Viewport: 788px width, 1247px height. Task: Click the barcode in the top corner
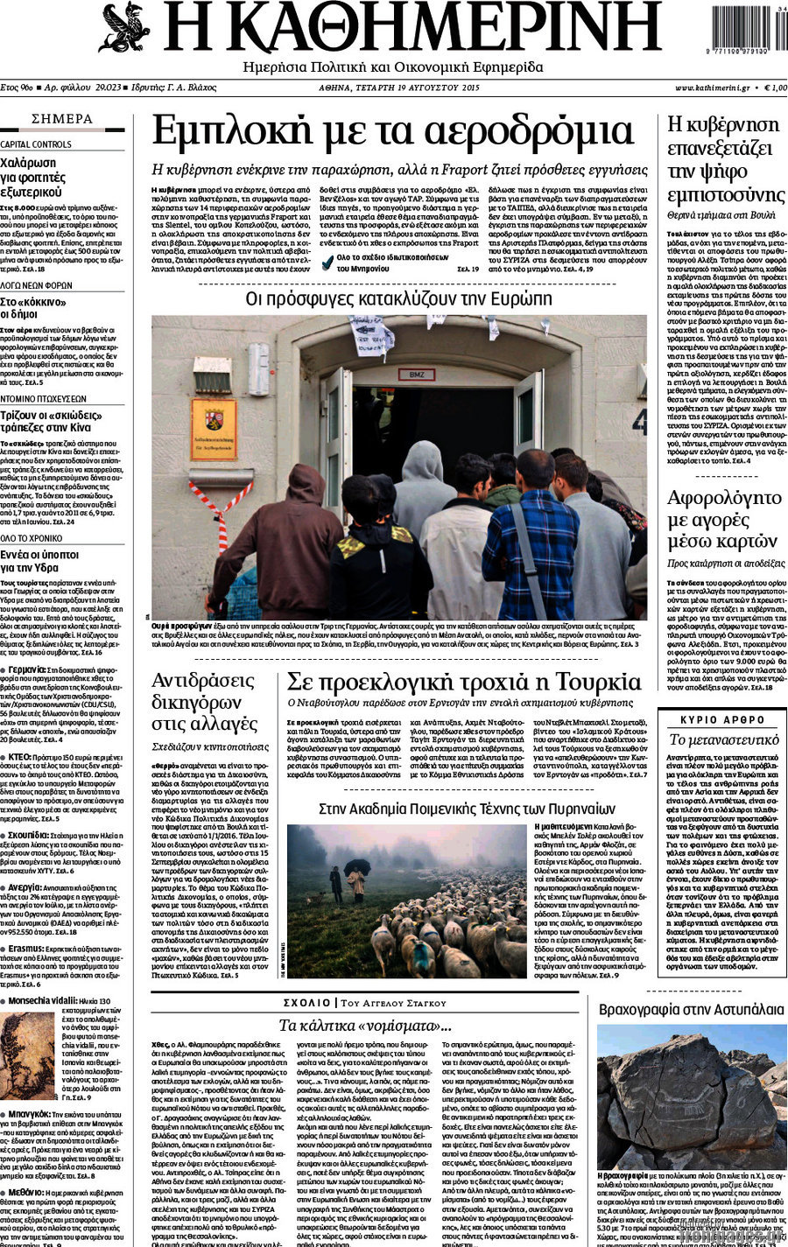point(739,31)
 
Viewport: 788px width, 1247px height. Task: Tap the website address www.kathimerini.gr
point(711,88)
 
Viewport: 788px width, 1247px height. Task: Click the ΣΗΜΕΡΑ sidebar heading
point(61,119)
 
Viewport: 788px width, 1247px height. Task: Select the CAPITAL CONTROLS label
point(36,144)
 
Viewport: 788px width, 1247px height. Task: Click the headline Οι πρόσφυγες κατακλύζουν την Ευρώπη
point(398,298)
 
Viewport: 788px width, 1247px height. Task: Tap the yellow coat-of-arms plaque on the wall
point(213,429)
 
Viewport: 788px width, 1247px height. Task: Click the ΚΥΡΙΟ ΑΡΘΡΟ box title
point(722,718)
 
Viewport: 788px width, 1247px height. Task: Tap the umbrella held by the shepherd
point(357,865)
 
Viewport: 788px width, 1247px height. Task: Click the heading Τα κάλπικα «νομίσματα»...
point(364,1025)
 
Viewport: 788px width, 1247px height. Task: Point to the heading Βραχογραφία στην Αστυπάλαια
point(691,1009)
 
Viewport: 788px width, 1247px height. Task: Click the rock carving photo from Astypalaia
point(691,1094)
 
